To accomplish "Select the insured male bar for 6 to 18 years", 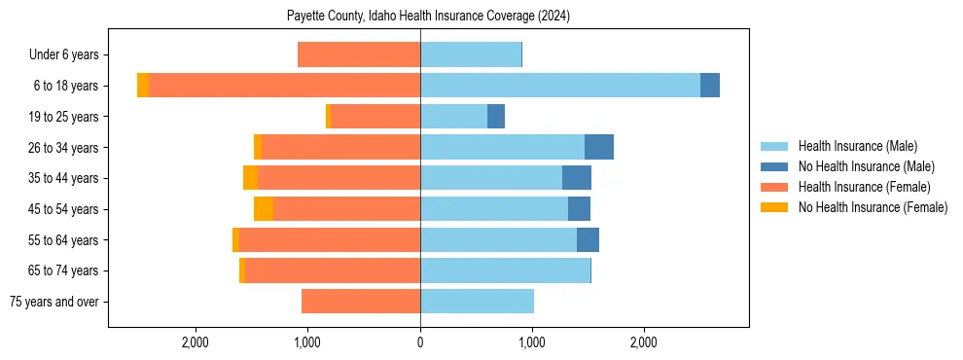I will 560,86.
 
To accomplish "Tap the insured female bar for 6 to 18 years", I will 284,86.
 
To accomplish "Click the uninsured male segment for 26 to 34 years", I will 599,147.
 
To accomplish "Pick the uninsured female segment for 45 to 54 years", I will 264,209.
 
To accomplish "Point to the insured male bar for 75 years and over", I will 477,302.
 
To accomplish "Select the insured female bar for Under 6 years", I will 359,54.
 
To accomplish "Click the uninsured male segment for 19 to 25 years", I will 496,117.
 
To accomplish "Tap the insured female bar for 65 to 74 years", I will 333,270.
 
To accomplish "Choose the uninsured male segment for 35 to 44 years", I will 577,178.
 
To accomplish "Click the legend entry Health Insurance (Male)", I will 857,146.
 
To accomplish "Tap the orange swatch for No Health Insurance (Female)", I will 775,207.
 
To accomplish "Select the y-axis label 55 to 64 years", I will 63,240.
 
